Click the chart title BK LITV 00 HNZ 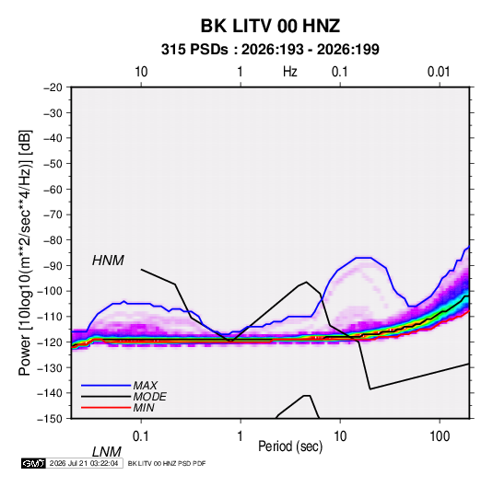(x=270, y=26)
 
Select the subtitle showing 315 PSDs (x=270, y=50)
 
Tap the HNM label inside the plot (x=108, y=261)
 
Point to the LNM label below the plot (x=107, y=452)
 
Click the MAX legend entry (x=145, y=385)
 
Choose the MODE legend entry (x=149, y=397)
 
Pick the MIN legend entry (x=144, y=408)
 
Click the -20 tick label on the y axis (x=53, y=87)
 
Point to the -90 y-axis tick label (x=53, y=265)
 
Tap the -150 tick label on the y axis (x=50, y=419)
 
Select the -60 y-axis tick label (x=53, y=189)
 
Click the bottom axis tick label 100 (x=440, y=436)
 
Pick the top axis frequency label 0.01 (x=439, y=72)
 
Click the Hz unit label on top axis (x=290, y=72)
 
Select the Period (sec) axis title (x=290, y=446)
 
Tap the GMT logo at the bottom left (x=34, y=463)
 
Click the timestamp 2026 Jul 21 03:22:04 (x=84, y=463)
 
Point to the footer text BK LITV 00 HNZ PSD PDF (x=167, y=463)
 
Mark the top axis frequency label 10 (x=141, y=72)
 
